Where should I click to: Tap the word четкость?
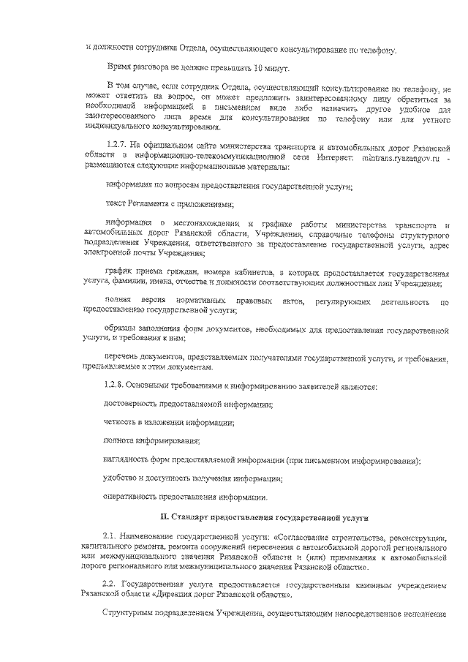point(122,423)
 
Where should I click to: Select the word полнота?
point(120,441)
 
